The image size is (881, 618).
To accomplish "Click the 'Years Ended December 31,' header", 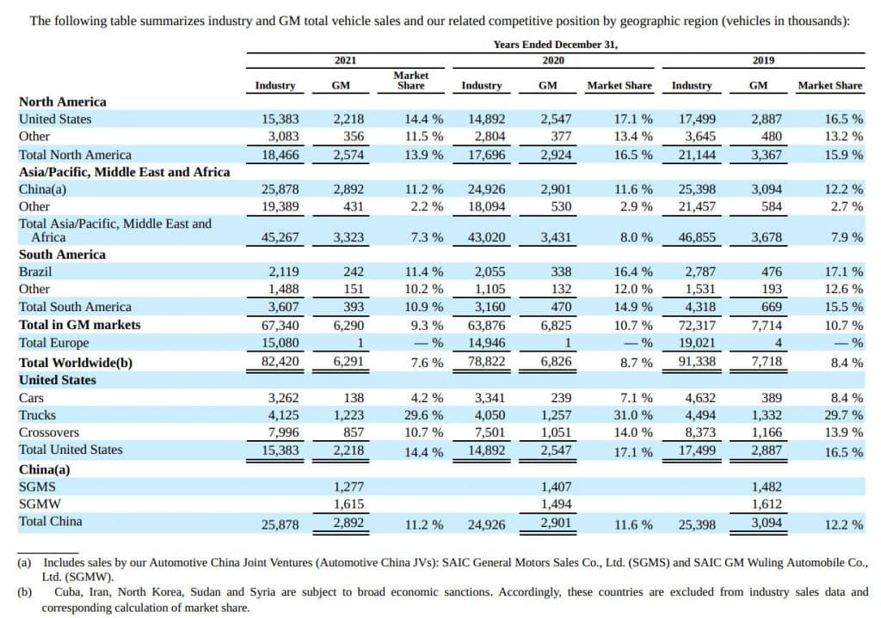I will click(x=556, y=44).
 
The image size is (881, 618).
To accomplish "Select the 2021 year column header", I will click(x=345, y=60).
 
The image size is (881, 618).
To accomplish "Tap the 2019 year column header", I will click(x=762, y=60).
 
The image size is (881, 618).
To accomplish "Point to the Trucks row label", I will click(x=36, y=415).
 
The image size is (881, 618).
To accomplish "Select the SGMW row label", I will click(x=38, y=504).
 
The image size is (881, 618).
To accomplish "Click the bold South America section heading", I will click(x=62, y=254).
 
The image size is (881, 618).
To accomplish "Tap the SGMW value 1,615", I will click(x=348, y=504).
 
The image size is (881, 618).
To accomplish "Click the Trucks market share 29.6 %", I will click(x=424, y=415).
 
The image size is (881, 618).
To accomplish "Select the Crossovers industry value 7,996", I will click(x=282, y=432).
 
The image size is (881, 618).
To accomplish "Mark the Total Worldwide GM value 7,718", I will click(x=766, y=362).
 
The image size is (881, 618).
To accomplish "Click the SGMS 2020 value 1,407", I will click(x=555, y=486).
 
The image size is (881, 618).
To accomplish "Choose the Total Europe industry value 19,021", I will click(x=693, y=343).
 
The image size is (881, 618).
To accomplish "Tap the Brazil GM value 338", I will click(x=560, y=272).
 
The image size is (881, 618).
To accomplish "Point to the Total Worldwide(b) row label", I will click(x=76, y=362).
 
